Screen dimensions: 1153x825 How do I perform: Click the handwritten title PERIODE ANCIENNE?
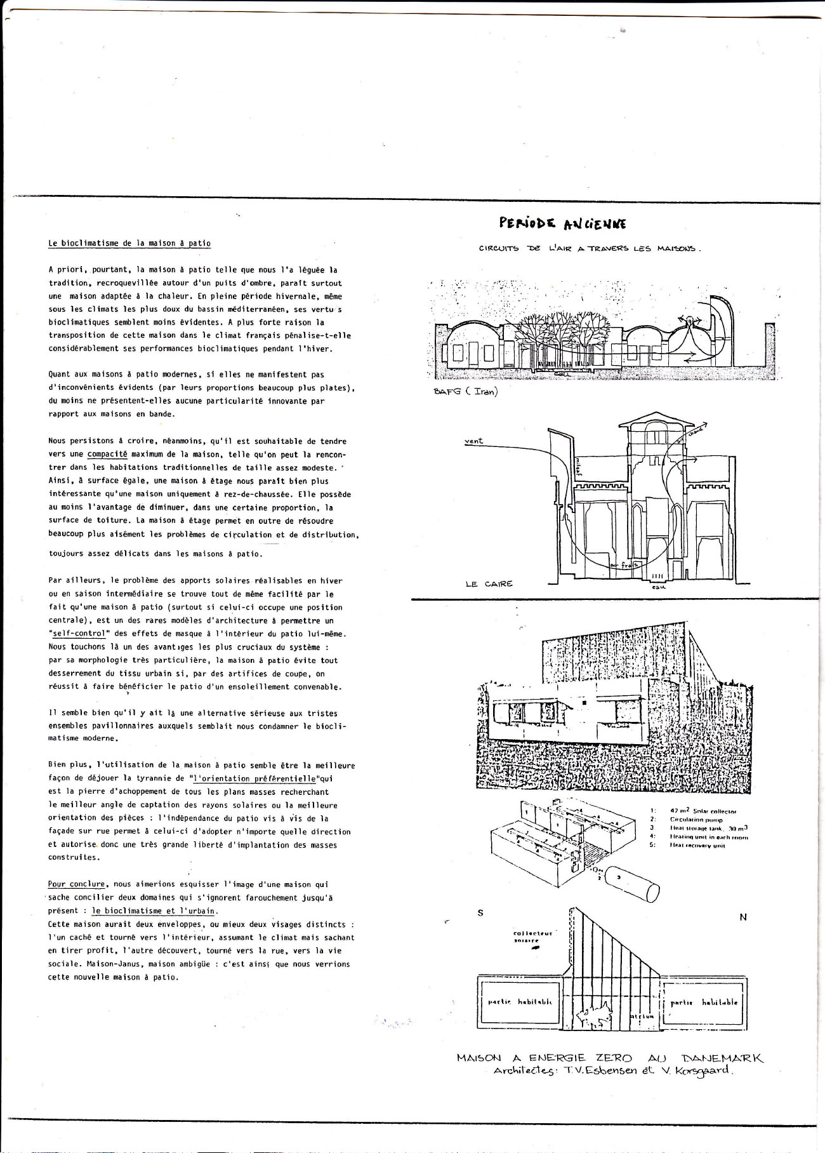[x=562, y=223]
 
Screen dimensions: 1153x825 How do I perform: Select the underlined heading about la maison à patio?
[x=129, y=243]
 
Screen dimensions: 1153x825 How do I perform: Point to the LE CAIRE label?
[x=489, y=583]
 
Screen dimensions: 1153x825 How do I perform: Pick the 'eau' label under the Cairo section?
[x=657, y=587]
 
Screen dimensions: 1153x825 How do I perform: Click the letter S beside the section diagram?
[x=480, y=913]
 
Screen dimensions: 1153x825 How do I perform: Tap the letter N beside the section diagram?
[x=743, y=917]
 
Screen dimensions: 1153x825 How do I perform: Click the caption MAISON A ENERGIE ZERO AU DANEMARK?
[x=610, y=1058]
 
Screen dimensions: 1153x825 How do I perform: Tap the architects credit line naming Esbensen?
[x=612, y=1071]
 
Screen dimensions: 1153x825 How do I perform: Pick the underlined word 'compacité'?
[x=107, y=455]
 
